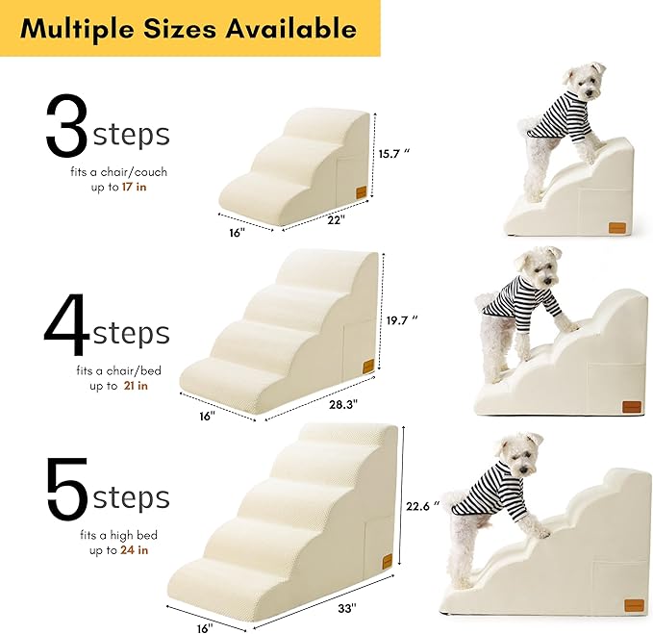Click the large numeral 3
66,127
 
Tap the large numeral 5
66,491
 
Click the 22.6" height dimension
423,505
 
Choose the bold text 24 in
135,550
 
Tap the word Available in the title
289,28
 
